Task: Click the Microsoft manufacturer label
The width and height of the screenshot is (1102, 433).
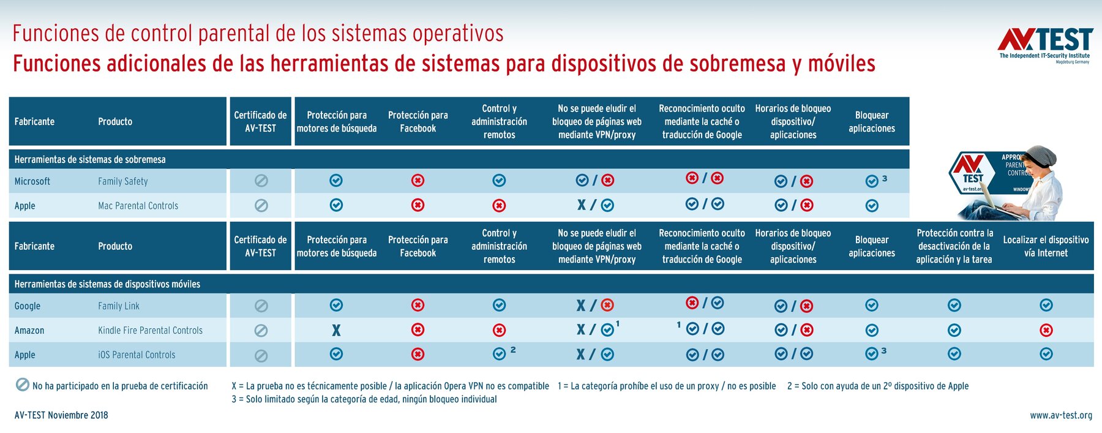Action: pyautogui.click(x=32, y=181)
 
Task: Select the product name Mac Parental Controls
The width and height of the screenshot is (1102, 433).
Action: pyautogui.click(x=138, y=206)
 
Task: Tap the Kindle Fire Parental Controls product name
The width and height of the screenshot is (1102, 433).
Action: pyautogui.click(x=150, y=330)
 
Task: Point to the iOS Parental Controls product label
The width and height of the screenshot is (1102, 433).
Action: pyautogui.click(x=137, y=355)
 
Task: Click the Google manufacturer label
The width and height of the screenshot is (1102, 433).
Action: pyautogui.click(x=28, y=306)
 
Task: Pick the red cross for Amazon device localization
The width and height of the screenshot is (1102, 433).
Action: pyautogui.click(x=1046, y=330)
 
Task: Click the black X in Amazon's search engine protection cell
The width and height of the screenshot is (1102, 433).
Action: pyautogui.click(x=336, y=330)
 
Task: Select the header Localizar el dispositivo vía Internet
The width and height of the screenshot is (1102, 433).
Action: pyautogui.click(x=1046, y=246)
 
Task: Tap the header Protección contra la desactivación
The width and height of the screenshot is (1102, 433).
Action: pyautogui.click(x=954, y=246)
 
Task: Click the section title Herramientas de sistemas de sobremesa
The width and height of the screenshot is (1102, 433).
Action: pyautogui.click(x=90, y=159)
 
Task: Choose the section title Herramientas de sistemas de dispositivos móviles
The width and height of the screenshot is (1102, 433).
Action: pyautogui.click(x=107, y=284)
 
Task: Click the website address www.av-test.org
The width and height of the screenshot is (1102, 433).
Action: pyautogui.click(x=1060, y=415)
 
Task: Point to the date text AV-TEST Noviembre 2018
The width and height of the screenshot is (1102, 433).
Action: pyautogui.click(x=61, y=415)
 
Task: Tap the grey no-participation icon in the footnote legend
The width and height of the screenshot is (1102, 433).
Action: pyautogui.click(x=22, y=385)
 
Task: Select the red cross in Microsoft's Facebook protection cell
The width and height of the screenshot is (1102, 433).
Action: pyautogui.click(x=418, y=181)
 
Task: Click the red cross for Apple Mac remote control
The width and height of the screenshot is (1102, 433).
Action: pyautogui.click(x=499, y=206)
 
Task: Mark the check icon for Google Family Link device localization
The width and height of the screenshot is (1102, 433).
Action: pyautogui.click(x=1046, y=305)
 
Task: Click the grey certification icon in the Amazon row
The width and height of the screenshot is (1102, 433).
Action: pyautogui.click(x=261, y=331)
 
